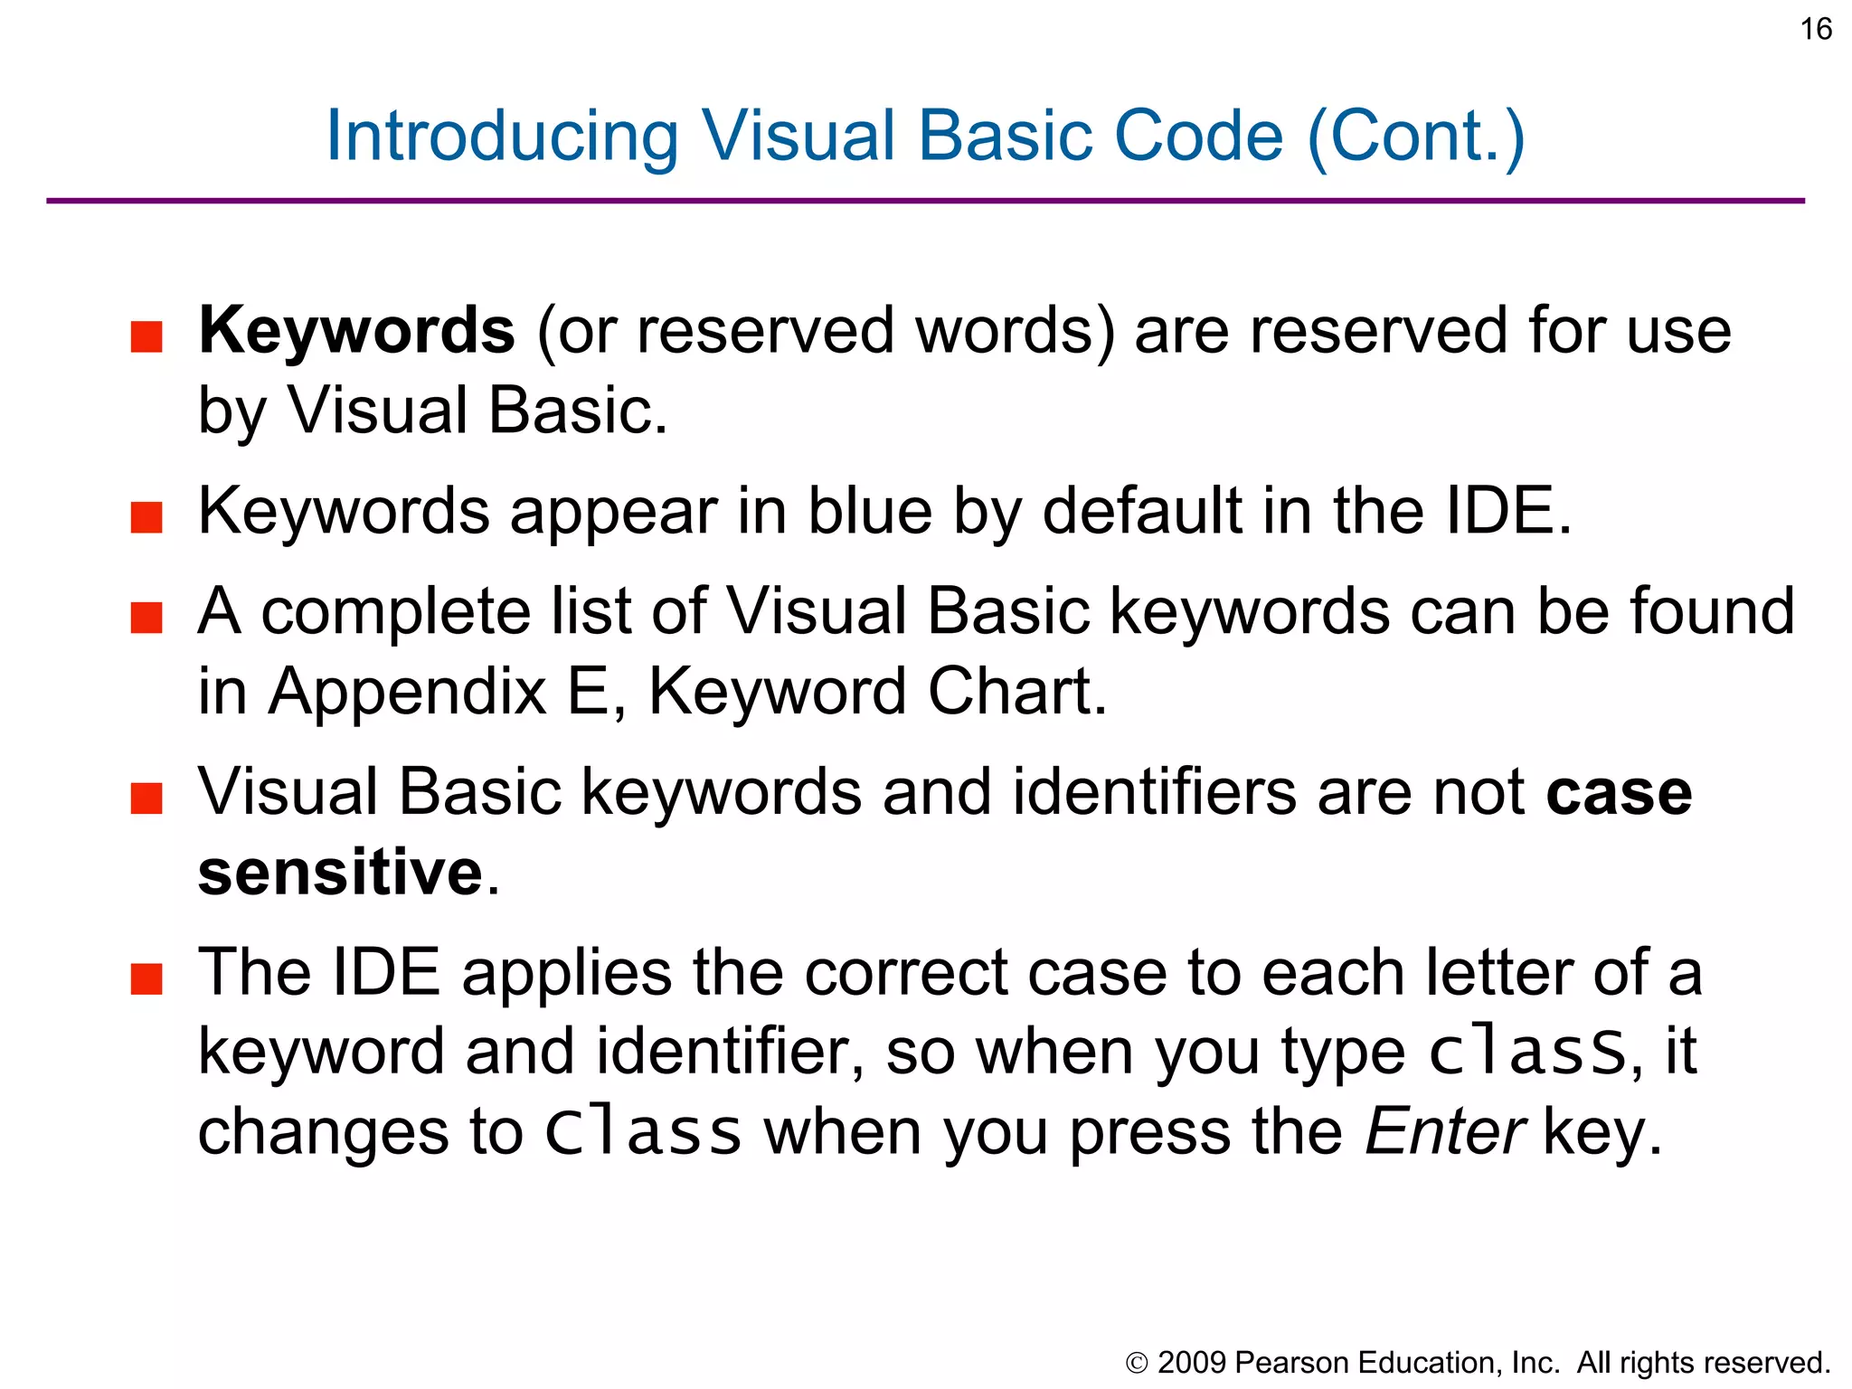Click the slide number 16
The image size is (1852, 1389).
pyautogui.click(x=1816, y=29)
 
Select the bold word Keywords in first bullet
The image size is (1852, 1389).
pyautogui.click(x=356, y=330)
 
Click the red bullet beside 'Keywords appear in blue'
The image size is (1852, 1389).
pyautogui.click(x=146, y=518)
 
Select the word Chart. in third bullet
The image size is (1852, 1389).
pyautogui.click(x=1017, y=692)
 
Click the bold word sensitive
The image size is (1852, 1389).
pyautogui.click(x=341, y=873)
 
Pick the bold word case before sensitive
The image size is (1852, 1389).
pyautogui.click(x=1619, y=793)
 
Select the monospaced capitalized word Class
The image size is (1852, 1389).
pyautogui.click(x=643, y=1132)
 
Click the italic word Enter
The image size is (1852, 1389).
pyautogui.click(x=1445, y=1132)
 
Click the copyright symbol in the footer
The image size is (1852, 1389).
pyautogui.click(x=1137, y=1363)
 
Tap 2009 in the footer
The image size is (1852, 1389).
pyautogui.click(x=1192, y=1363)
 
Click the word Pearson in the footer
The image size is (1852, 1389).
pyautogui.click(x=1291, y=1363)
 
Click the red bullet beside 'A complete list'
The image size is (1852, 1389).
pyautogui.click(x=146, y=619)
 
